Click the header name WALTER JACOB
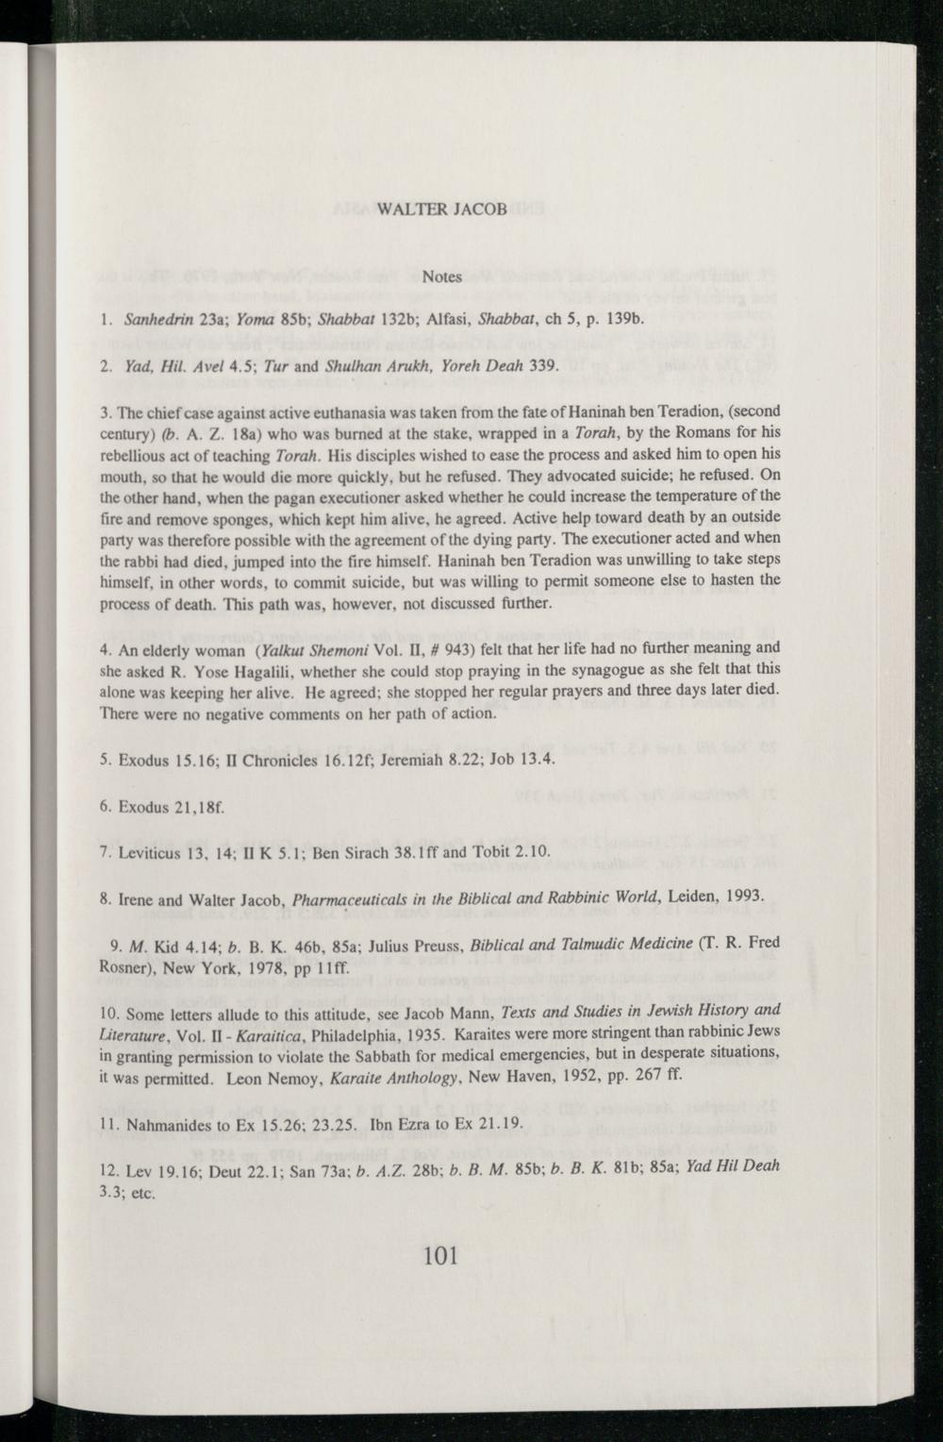coord(441,208)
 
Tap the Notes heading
coord(441,277)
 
